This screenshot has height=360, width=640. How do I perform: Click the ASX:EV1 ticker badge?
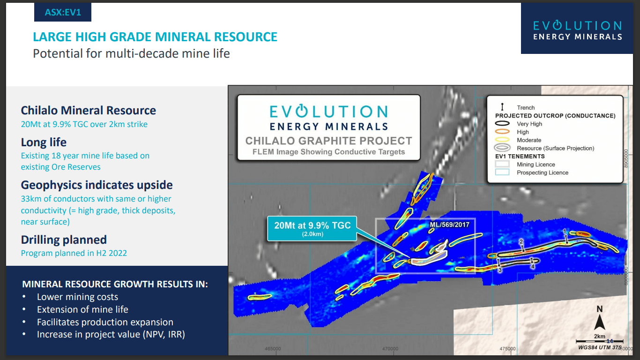[63, 13]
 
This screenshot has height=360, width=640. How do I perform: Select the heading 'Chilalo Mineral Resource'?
[89, 111]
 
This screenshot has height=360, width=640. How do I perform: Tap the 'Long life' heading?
[44, 142]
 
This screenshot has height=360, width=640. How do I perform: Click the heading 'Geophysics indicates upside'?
[97, 185]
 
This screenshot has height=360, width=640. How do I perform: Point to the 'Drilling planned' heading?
[64, 240]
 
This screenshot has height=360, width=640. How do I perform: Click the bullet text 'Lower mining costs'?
[77, 297]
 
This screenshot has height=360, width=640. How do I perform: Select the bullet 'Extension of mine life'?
[82, 309]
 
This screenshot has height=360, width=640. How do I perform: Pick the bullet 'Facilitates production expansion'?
[105, 322]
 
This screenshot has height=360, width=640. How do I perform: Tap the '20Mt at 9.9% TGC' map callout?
[313, 228]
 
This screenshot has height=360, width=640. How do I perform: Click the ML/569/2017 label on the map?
[449, 225]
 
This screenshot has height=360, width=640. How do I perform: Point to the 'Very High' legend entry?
[529, 124]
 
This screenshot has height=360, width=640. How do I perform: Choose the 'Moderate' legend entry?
[529, 140]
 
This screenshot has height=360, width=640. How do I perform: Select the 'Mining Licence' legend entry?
[536, 165]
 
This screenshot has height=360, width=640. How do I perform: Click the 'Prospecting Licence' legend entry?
[542, 172]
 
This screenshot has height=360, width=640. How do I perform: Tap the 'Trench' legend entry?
[526, 107]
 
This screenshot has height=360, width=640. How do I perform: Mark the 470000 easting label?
[390, 349]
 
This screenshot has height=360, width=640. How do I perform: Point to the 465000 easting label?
[273, 349]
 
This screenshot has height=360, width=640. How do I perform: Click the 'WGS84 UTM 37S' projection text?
[600, 347]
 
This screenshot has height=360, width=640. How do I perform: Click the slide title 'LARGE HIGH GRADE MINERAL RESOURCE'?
[155, 37]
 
